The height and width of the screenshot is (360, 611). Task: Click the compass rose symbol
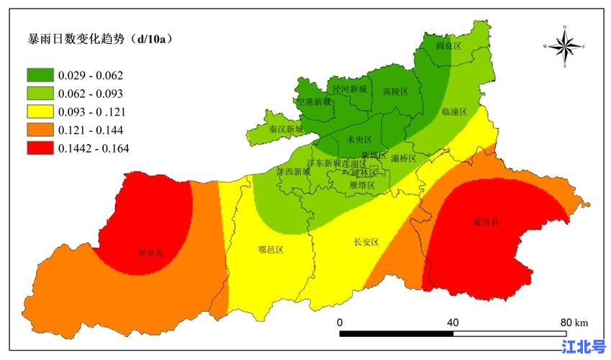coord(565,46)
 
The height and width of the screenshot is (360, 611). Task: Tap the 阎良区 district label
coord(448,46)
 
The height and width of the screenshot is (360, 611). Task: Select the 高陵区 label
coord(395,91)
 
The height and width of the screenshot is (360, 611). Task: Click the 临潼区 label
coord(454,112)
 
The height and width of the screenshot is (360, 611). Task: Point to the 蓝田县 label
coord(486,222)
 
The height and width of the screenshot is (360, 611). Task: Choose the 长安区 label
coord(366,242)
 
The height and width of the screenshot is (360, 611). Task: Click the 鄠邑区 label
coord(270,250)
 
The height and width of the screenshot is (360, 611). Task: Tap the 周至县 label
coord(150,253)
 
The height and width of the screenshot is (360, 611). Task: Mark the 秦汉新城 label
coord(286,130)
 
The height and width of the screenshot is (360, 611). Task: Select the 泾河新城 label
coord(349,89)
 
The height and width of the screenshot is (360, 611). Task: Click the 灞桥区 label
coord(403,158)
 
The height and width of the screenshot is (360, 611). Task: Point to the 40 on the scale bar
coord(453,322)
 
